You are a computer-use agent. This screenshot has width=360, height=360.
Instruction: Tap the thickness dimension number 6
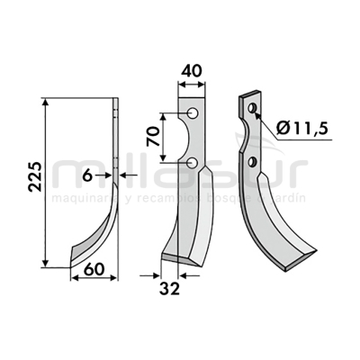click(87, 175)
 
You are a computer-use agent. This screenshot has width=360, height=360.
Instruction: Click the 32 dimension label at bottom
click(168, 290)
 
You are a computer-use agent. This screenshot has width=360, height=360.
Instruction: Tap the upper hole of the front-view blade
click(192, 114)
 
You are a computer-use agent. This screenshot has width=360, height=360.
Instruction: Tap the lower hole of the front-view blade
click(192, 162)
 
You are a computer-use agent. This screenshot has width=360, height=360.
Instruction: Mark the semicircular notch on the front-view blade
click(200, 138)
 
